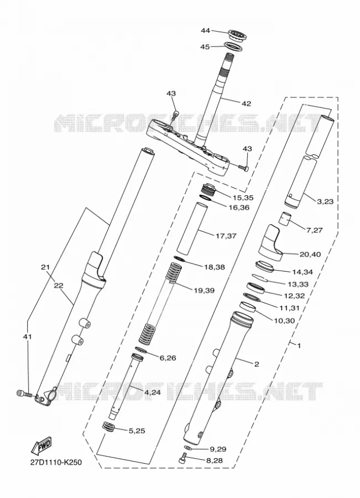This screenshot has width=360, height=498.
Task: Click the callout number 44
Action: (x=205, y=30)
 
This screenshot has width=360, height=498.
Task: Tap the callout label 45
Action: (x=205, y=46)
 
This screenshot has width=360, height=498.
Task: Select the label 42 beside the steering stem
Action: (x=246, y=103)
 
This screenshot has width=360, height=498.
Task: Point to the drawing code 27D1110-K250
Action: (x=55, y=462)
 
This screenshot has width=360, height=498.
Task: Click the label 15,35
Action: (x=243, y=198)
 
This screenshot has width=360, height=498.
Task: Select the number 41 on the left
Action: (x=27, y=336)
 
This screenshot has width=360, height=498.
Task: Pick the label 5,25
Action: (x=137, y=431)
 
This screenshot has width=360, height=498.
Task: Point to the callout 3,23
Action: (x=325, y=201)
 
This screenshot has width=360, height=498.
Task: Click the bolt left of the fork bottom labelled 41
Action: (x=24, y=394)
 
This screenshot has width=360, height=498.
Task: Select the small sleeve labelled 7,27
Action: (x=285, y=219)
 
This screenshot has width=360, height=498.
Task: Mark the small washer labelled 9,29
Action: (x=188, y=448)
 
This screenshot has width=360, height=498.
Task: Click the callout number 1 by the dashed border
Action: (x=299, y=345)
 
